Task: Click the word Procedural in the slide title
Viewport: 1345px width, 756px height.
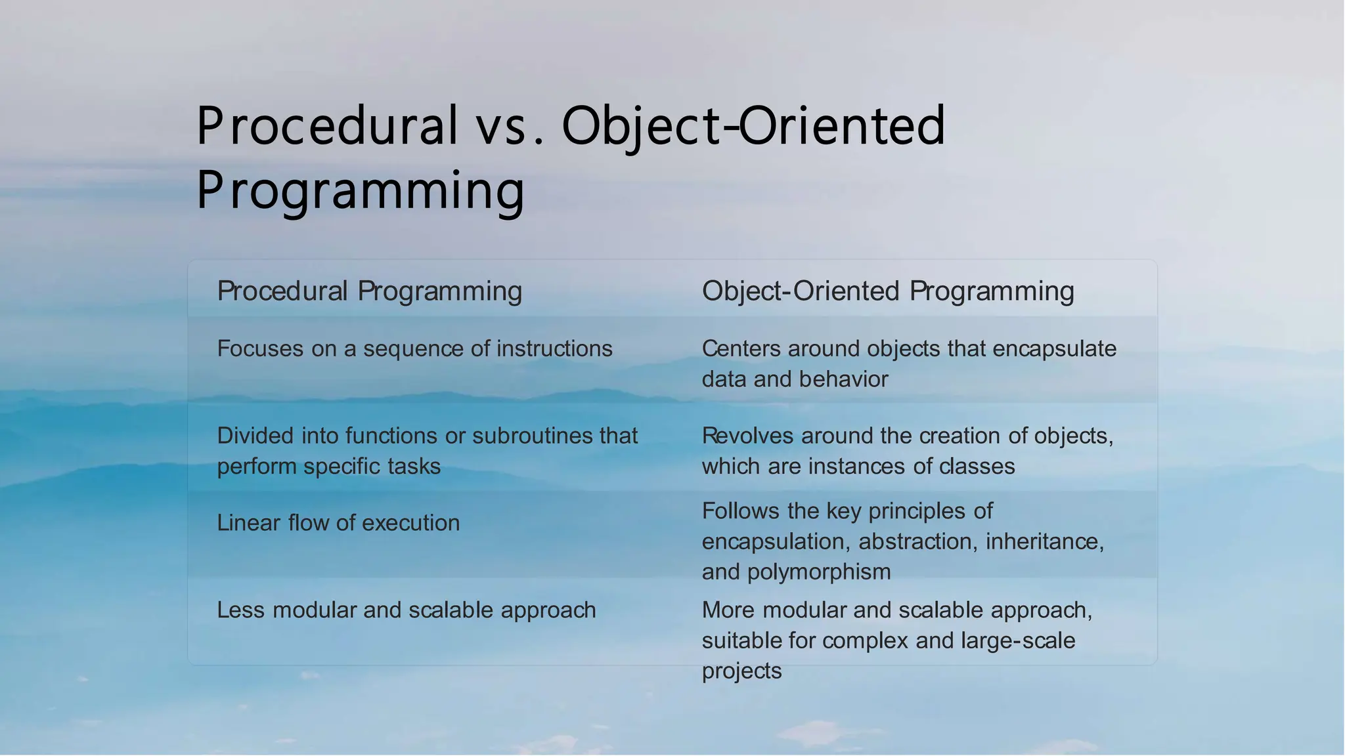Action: click(x=326, y=126)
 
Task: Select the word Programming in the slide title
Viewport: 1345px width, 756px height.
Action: click(x=361, y=190)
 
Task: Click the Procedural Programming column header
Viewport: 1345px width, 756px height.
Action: click(x=369, y=291)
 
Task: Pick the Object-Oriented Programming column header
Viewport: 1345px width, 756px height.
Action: click(x=888, y=291)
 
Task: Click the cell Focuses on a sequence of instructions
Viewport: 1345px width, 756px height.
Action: click(x=414, y=348)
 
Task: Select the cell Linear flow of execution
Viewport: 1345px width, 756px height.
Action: click(x=338, y=523)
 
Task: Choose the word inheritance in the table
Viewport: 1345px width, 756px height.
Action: click(x=1044, y=541)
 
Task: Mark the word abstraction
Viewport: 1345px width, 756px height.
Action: click(x=915, y=541)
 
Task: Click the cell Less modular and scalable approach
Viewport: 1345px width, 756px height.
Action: click(x=406, y=610)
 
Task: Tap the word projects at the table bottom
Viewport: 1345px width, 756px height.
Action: click(x=741, y=671)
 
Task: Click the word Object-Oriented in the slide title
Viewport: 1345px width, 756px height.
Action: click(x=753, y=126)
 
